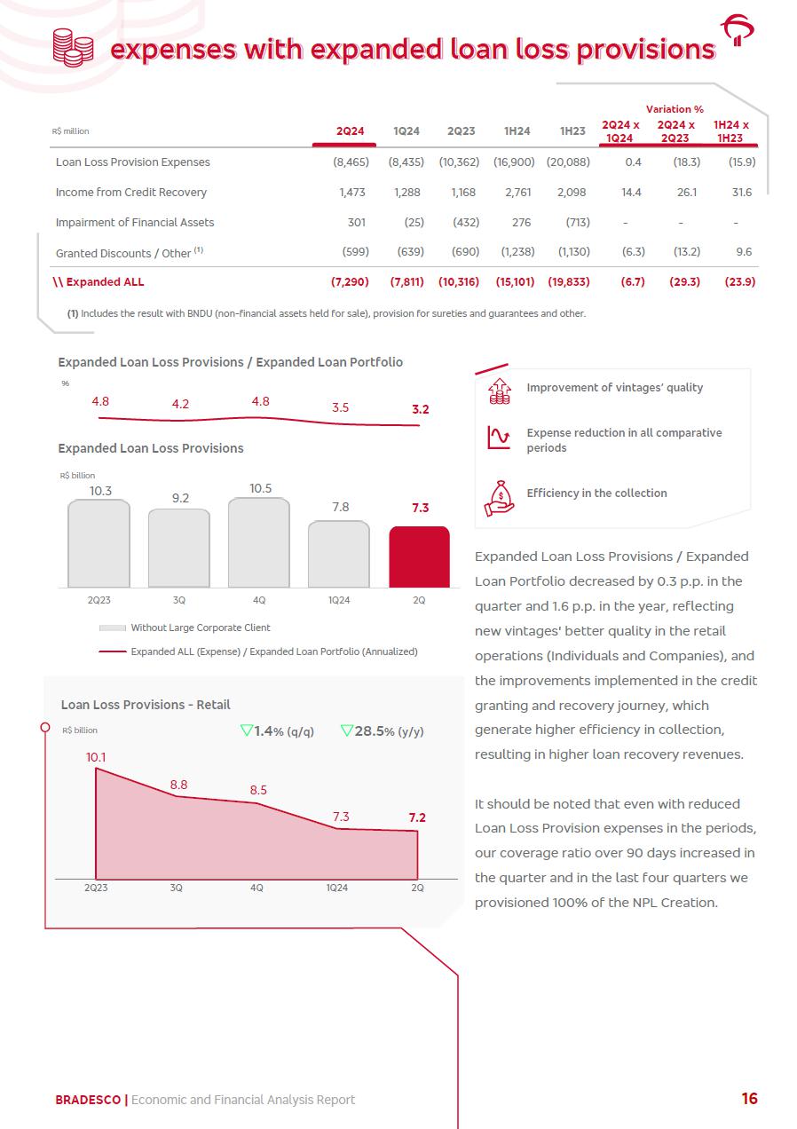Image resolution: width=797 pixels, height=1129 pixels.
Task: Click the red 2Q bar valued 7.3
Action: tap(419, 557)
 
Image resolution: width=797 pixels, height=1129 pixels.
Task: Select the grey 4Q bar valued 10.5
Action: tap(258, 542)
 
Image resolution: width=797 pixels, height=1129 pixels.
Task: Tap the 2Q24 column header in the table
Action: tap(351, 131)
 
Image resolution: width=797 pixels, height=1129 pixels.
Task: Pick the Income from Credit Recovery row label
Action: tap(130, 192)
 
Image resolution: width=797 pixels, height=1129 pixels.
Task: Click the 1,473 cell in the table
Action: tap(352, 192)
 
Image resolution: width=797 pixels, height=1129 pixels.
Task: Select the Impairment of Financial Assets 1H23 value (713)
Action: tap(577, 222)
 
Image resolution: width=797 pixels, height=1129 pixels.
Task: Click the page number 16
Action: tap(749, 1099)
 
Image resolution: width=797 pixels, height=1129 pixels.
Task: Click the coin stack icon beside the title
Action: tap(73, 47)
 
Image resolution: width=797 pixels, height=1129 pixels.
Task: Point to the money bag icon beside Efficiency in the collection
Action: tap(499, 497)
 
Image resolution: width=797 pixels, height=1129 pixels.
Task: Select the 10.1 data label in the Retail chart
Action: tap(96, 757)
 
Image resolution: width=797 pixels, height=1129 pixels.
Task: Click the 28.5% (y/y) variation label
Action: tap(383, 731)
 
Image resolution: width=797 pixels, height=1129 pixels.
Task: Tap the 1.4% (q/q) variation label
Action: tap(277, 731)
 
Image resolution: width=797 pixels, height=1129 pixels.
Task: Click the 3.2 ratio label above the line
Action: tap(420, 409)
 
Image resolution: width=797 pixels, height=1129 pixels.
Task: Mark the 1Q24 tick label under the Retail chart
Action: tap(337, 888)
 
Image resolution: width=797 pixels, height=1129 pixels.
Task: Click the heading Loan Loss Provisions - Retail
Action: tap(146, 705)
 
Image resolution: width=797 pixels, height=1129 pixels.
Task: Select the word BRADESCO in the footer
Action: tap(88, 1100)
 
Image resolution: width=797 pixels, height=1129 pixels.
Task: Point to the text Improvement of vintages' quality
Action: tap(614, 388)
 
